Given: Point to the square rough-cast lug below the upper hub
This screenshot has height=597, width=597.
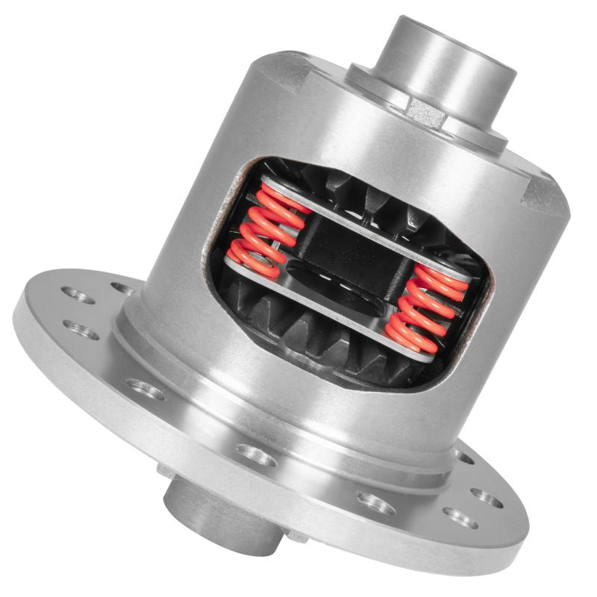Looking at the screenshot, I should (x=426, y=112).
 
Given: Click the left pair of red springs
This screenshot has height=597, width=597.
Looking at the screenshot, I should (x=266, y=231).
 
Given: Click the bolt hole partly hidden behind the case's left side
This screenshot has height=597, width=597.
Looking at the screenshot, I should (x=123, y=287).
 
